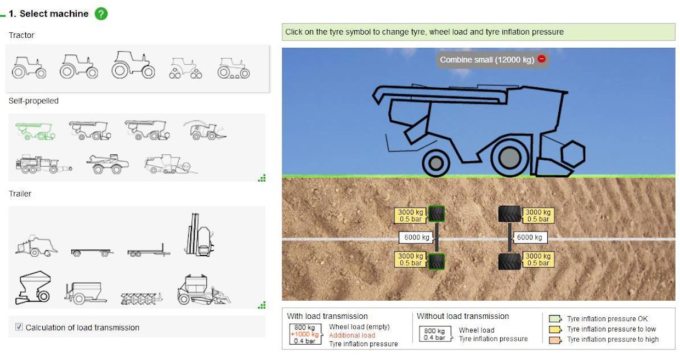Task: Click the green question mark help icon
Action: (x=101, y=14)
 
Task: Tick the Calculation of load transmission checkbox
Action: (x=19, y=327)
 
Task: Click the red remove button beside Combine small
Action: (x=541, y=59)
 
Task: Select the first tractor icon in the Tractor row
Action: (x=29, y=68)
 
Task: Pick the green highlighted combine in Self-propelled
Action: (x=35, y=130)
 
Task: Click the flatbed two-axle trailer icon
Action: (x=92, y=252)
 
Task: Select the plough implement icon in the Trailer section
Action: (x=141, y=298)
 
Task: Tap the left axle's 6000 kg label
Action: (x=417, y=238)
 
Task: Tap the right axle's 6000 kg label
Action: (x=530, y=238)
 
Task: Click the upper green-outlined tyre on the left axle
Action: (x=437, y=213)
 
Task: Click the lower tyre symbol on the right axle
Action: (x=509, y=261)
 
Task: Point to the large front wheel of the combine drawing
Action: (x=509, y=158)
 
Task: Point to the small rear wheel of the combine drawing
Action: (x=435, y=163)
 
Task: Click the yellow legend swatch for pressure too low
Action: (x=555, y=329)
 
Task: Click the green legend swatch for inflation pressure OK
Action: (x=555, y=319)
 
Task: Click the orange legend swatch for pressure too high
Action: (x=555, y=340)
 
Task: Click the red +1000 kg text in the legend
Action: (x=304, y=334)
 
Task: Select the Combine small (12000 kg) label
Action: (x=486, y=60)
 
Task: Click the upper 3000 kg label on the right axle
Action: (x=538, y=216)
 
